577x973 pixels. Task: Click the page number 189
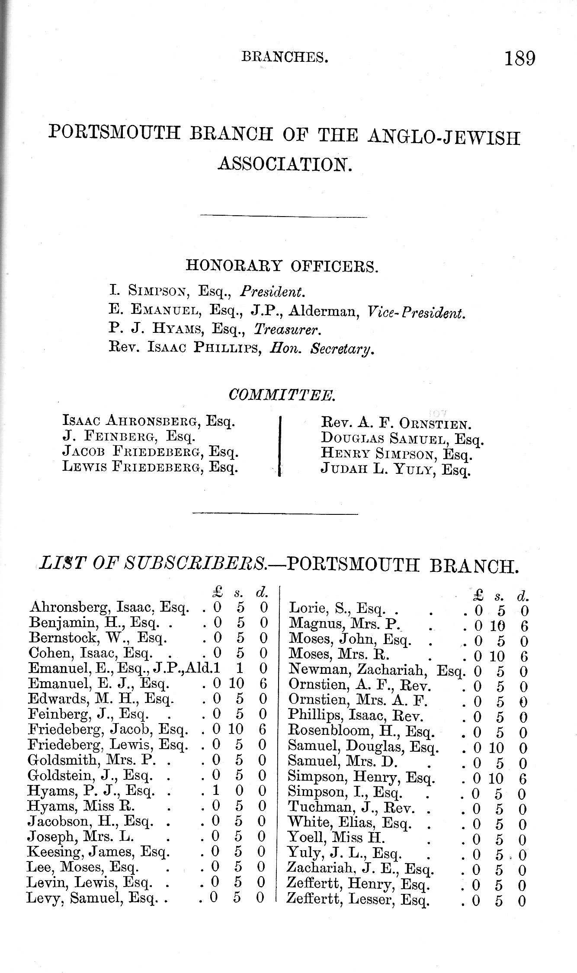pyautogui.click(x=519, y=58)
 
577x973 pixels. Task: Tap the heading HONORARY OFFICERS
pyautogui.click(x=282, y=266)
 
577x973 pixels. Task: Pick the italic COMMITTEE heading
pyautogui.click(x=281, y=395)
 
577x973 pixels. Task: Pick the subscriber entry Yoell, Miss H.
pyautogui.click(x=336, y=838)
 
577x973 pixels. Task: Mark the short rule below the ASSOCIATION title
pyautogui.click(x=284, y=217)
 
